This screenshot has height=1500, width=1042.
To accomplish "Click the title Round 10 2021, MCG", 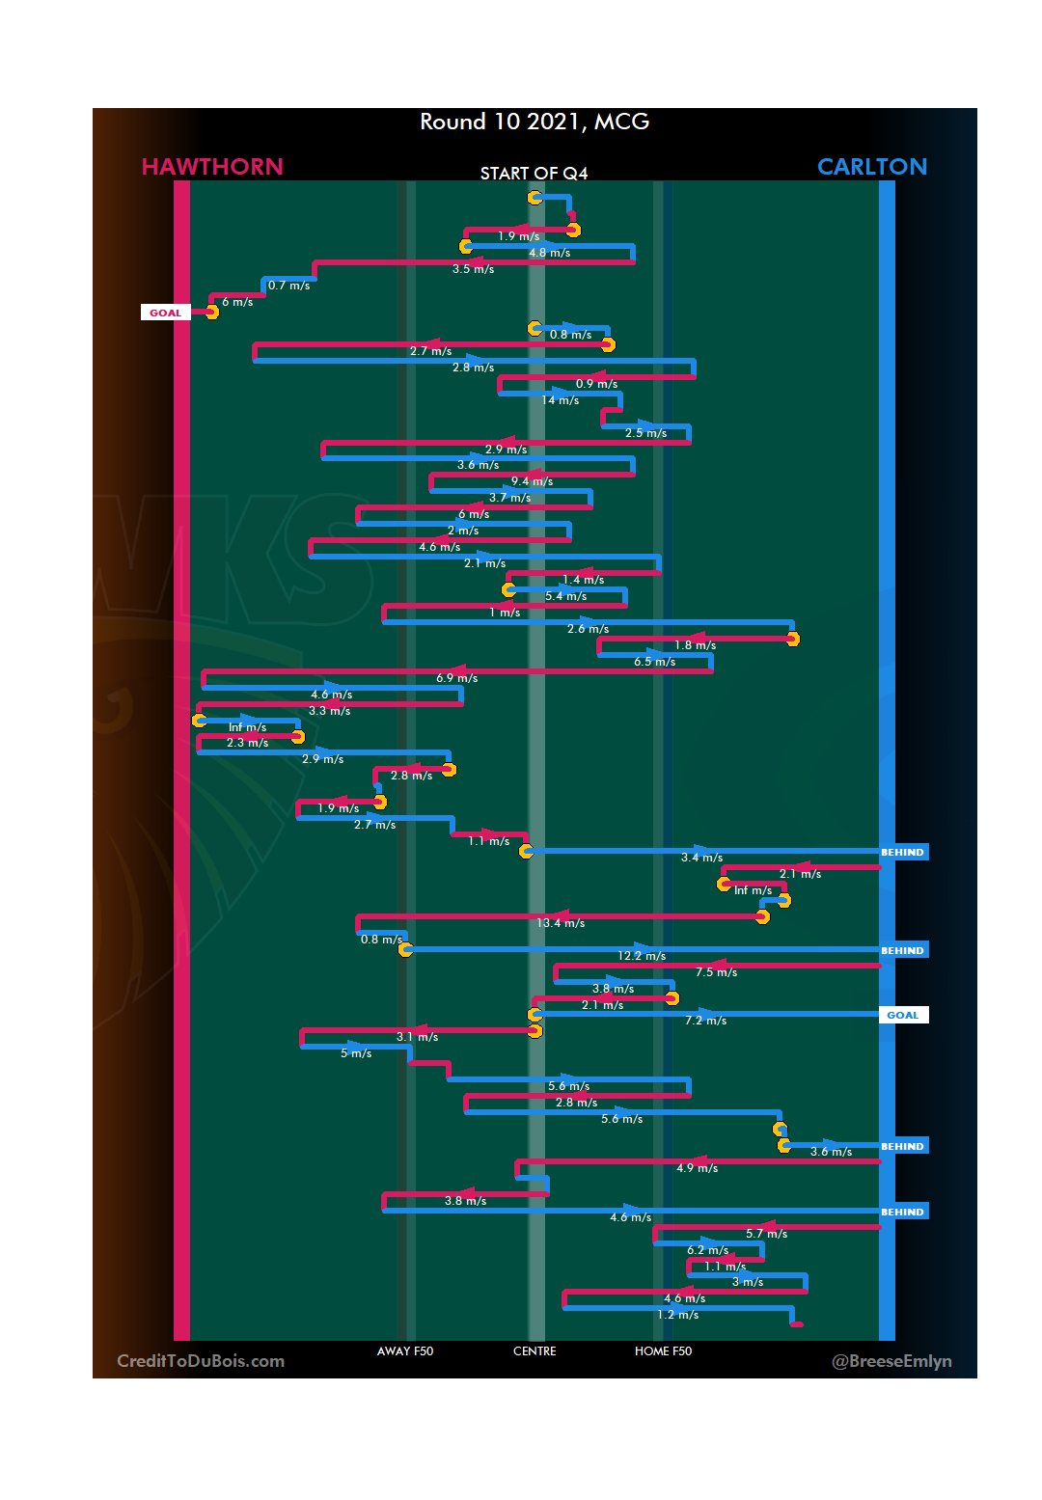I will (x=535, y=122).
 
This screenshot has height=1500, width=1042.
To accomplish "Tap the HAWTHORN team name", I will (x=212, y=167).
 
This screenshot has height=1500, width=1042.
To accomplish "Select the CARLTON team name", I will (x=871, y=167).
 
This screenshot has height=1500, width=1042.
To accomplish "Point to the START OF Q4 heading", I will (x=534, y=174).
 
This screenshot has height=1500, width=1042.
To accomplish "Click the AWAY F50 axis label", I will (x=405, y=1351).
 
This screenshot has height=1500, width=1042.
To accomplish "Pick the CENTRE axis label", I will (x=535, y=1351).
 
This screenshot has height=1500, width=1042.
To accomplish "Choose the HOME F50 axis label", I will (x=663, y=1351).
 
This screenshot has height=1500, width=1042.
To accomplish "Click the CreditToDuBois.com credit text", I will (x=201, y=1361).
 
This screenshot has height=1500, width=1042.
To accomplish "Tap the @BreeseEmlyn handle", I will (x=891, y=1361).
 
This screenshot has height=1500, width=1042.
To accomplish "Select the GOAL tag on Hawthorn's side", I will (x=165, y=313).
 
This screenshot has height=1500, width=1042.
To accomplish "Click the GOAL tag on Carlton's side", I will (x=902, y=1015).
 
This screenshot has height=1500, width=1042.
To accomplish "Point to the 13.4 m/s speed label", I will (x=561, y=923).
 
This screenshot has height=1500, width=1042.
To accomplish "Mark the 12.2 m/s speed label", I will (x=642, y=956).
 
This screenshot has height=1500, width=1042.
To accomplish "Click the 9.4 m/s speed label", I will (x=532, y=481).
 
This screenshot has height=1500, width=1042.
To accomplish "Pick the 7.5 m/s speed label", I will (x=716, y=972).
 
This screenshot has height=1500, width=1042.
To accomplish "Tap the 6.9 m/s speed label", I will (x=456, y=678).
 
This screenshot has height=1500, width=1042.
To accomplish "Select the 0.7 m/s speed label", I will (x=288, y=286).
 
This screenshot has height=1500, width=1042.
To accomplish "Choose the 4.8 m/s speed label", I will (x=549, y=253).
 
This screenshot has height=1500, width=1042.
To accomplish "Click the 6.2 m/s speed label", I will (x=707, y=1250).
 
